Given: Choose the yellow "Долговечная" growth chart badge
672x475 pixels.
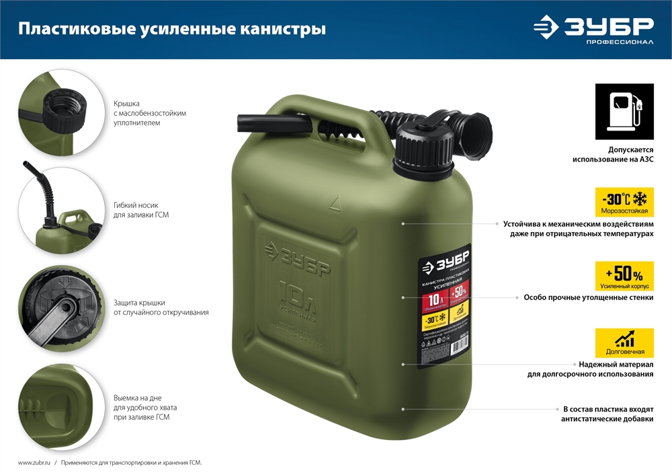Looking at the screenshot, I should pos(624,343).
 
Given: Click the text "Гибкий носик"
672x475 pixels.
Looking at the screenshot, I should pos(136,205).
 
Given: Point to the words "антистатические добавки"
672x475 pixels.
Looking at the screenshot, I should pos(607,419).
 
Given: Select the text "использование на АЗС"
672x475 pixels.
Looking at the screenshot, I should pos(612,159).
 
